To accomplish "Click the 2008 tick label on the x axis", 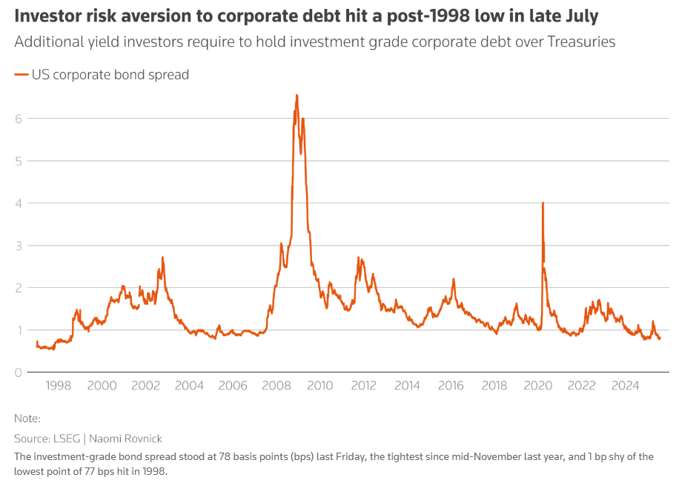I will point(276,386).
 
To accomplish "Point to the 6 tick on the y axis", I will point(19,119).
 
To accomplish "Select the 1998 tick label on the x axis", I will point(59,386).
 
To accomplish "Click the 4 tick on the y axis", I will point(19,203).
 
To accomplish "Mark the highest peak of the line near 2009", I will point(296,95).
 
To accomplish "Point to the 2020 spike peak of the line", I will point(543,203).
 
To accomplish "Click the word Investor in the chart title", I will point(47,16).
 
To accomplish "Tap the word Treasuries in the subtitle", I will point(581,42).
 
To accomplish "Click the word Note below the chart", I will point(27,419).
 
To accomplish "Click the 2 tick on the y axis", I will point(19,288).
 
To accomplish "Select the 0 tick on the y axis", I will point(19,372).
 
